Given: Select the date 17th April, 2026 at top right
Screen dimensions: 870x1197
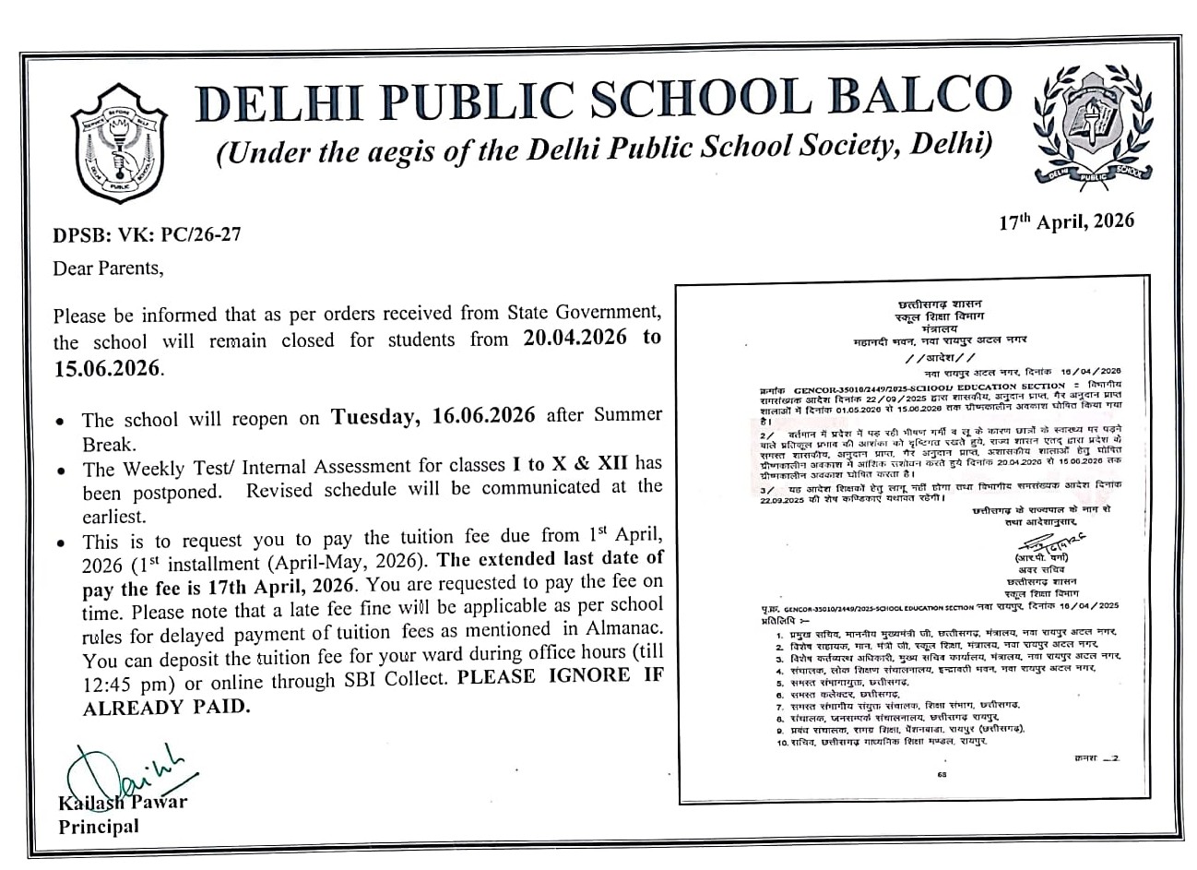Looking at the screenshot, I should (1067, 221).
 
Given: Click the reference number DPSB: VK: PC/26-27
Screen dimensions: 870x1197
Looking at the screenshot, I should (148, 234).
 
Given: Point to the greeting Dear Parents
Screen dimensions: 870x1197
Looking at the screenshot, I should (108, 268).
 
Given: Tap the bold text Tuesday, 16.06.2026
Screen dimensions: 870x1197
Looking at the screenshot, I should (433, 415).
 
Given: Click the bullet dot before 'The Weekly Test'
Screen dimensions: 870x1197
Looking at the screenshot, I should (60, 470).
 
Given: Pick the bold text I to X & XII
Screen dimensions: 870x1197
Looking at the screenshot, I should (563, 463).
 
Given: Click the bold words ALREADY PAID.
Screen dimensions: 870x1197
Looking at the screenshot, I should (166, 707).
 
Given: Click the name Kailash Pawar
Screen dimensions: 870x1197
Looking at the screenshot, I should (123, 802).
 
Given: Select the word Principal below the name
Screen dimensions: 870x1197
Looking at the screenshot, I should (99, 826).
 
